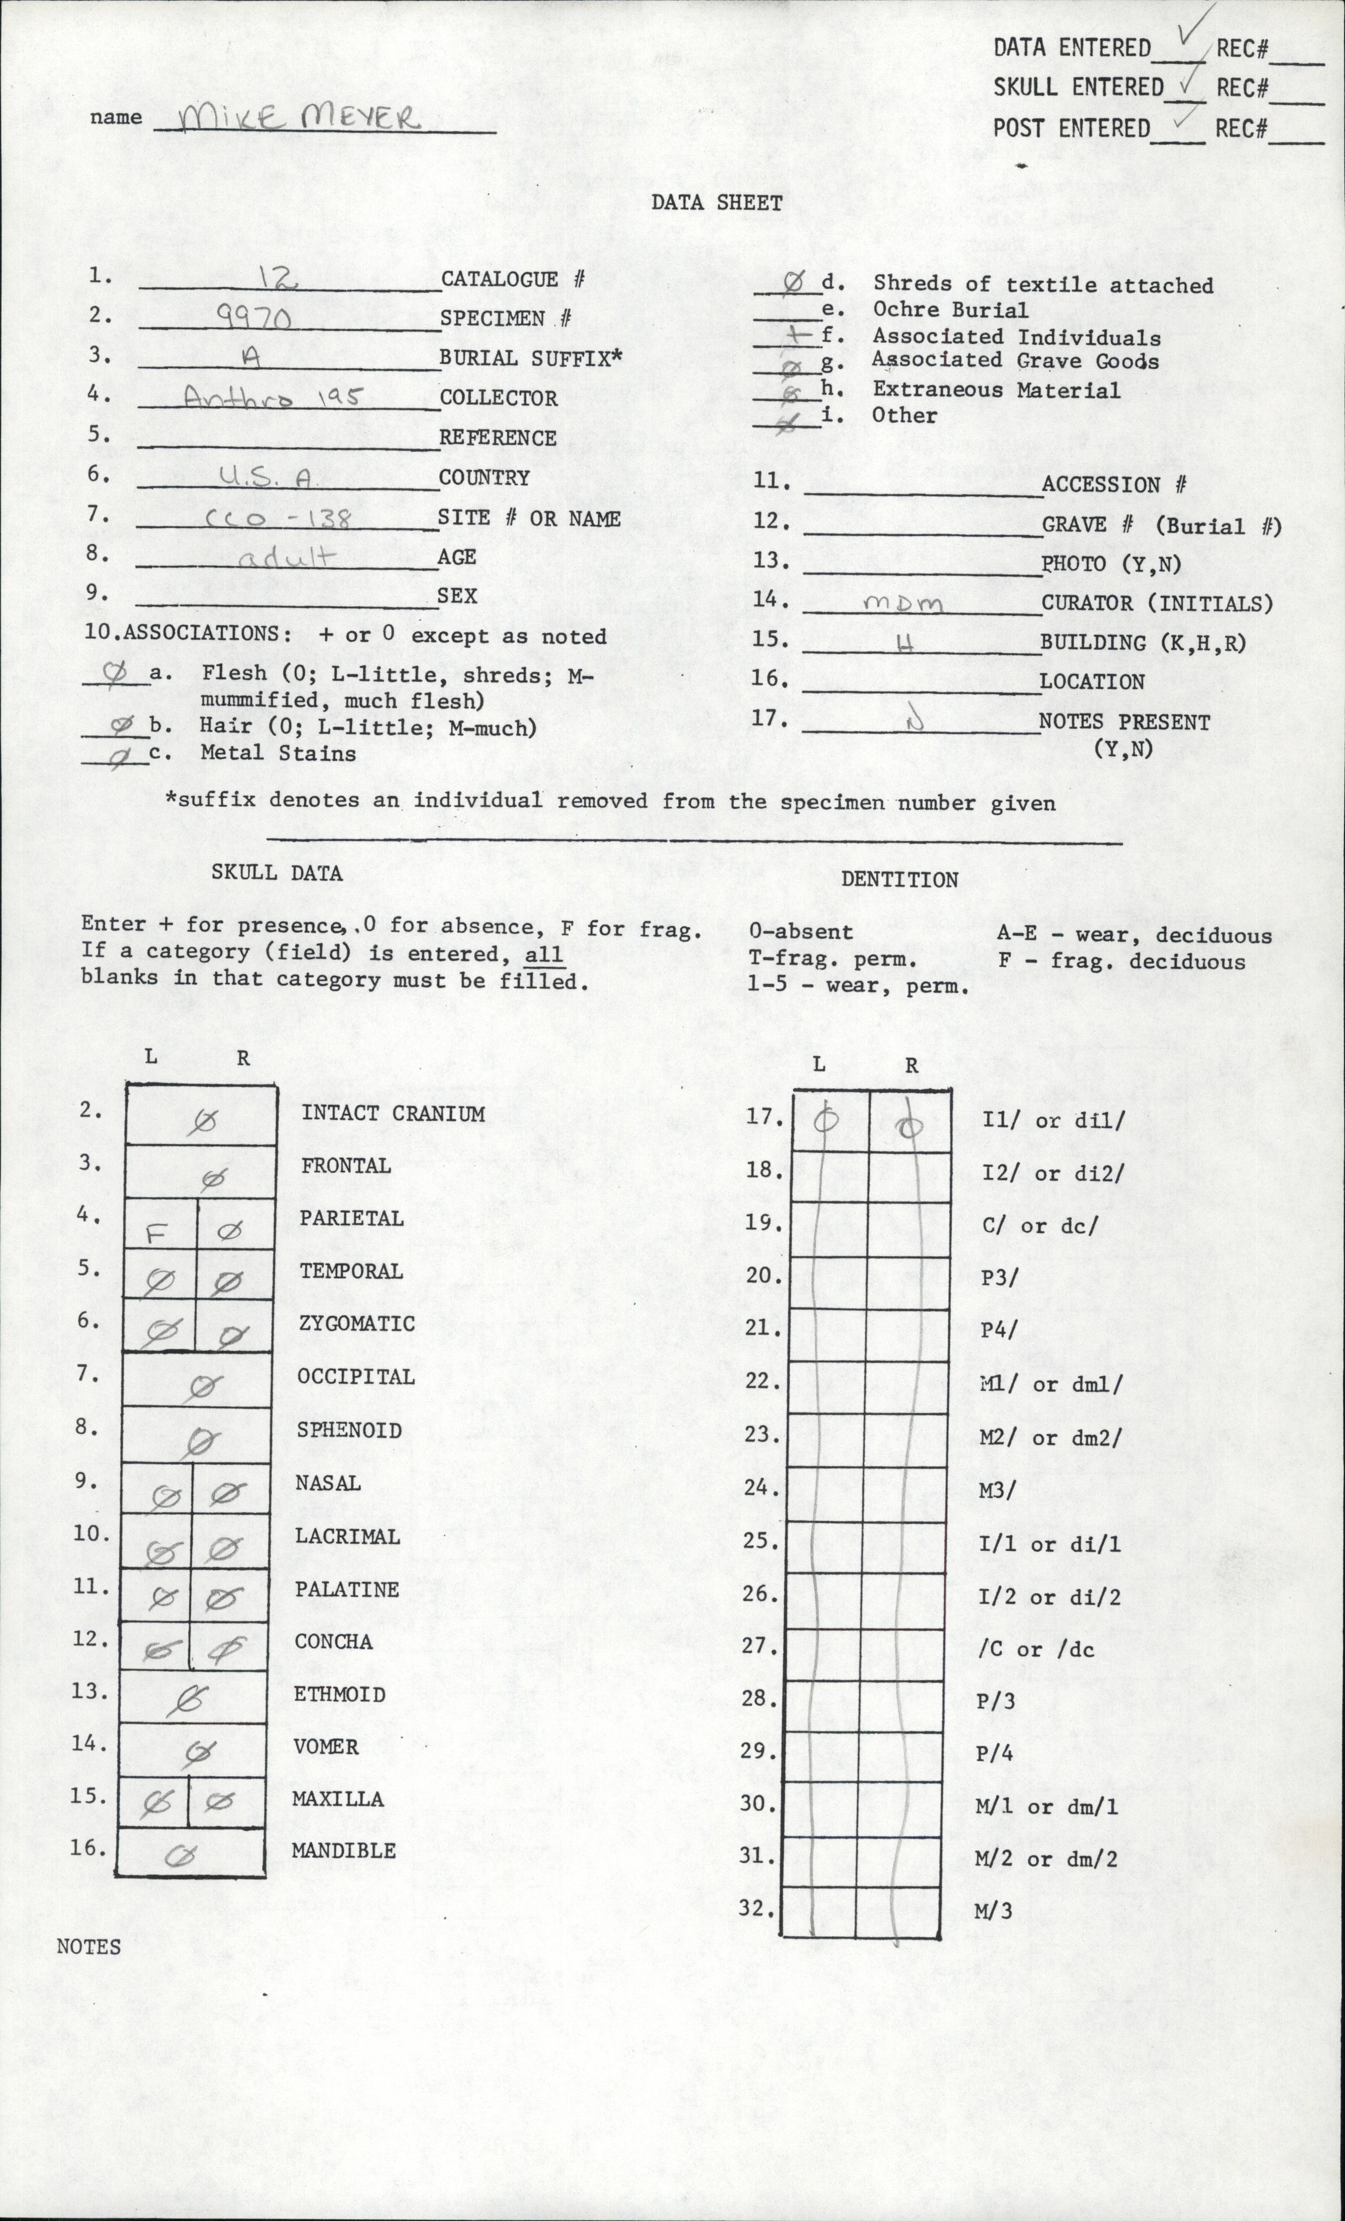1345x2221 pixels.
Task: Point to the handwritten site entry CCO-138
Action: [x=277, y=518]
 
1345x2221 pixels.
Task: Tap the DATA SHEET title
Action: [x=717, y=203]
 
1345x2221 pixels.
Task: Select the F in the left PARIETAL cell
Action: [x=156, y=1233]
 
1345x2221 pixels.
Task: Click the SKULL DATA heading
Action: [x=277, y=872]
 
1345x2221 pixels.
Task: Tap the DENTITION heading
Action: [x=899, y=880]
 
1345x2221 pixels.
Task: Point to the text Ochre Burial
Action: [x=949, y=310]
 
